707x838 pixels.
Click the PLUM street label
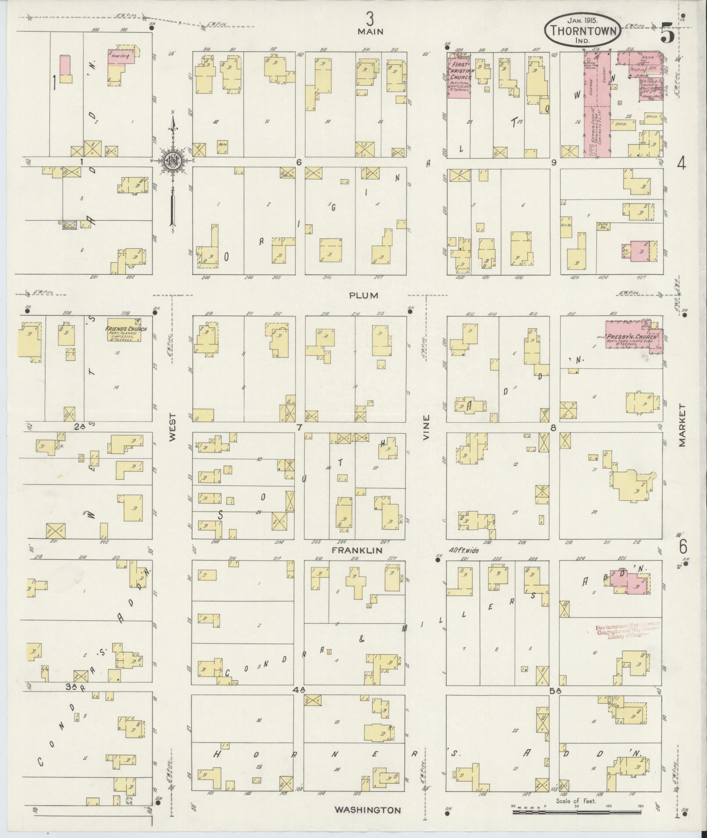click(364, 296)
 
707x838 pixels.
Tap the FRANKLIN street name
click(357, 550)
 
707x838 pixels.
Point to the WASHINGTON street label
click(368, 810)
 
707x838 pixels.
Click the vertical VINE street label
click(426, 427)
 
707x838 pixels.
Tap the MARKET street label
click(682, 425)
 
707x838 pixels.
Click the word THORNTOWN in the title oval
click(583, 31)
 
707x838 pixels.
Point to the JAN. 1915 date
click(583, 20)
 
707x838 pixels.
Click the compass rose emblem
click(173, 159)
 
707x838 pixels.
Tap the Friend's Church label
click(126, 329)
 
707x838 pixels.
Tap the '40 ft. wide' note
click(464, 551)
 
